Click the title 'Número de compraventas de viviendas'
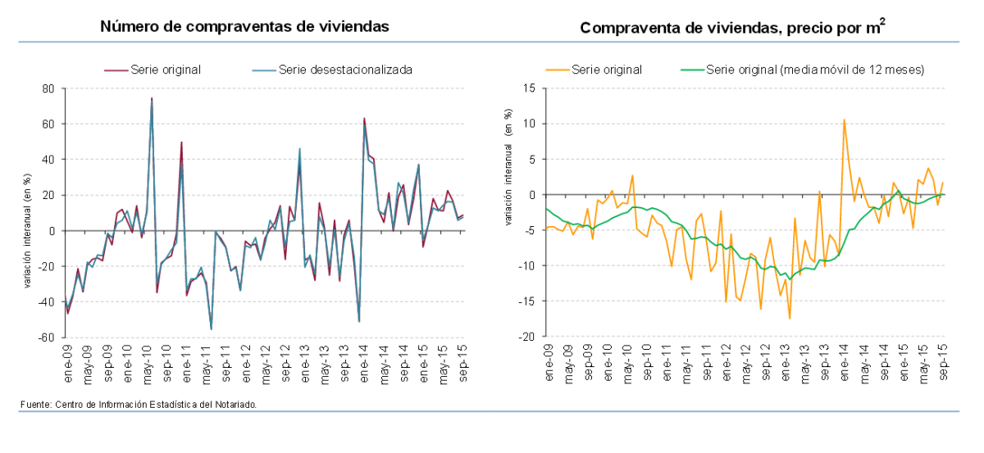[x=244, y=26]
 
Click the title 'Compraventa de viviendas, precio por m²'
[x=732, y=28]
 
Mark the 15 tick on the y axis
[x=530, y=88]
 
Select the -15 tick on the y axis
[x=528, y=301]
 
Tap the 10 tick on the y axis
[x=530, y=124]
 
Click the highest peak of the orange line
[x=844, y=120]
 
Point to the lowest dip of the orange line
[x=790, y=319]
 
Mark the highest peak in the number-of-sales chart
[x=152, y=98]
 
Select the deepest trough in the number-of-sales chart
[x=211, y=328]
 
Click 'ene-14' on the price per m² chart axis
[x=843, y=360]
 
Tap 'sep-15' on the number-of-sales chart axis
[x=462, y=360]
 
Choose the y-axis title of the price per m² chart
[x=508, y=195]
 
